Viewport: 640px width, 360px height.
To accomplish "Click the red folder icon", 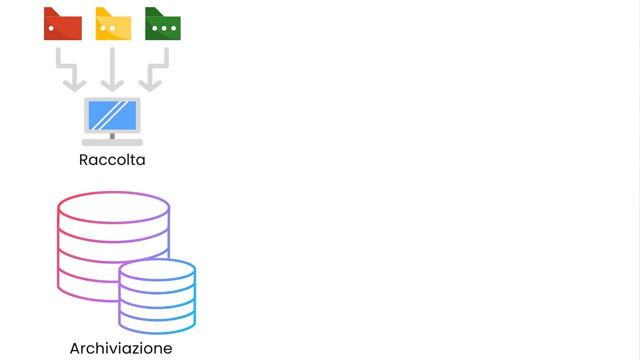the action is (63, 24).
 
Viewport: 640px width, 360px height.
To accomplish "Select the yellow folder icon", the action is (113, 24).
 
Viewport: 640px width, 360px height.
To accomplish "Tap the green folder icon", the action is (163, 24).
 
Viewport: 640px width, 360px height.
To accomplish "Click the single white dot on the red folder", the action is (51, 28).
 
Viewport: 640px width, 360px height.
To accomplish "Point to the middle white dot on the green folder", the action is (164, 28).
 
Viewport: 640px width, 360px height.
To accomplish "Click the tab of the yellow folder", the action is (103, 12).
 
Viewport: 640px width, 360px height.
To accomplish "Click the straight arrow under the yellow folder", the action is (112, 69).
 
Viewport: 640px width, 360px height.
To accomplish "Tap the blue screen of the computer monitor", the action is (112, 115).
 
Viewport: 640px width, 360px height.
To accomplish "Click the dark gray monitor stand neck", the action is (112, 136).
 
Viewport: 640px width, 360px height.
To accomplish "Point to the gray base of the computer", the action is (112, 142).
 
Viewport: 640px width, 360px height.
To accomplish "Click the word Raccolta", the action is (112, 160).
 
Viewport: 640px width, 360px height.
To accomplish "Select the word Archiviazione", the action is (121, 348).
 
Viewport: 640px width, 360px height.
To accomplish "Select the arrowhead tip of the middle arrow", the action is (112, 91).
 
